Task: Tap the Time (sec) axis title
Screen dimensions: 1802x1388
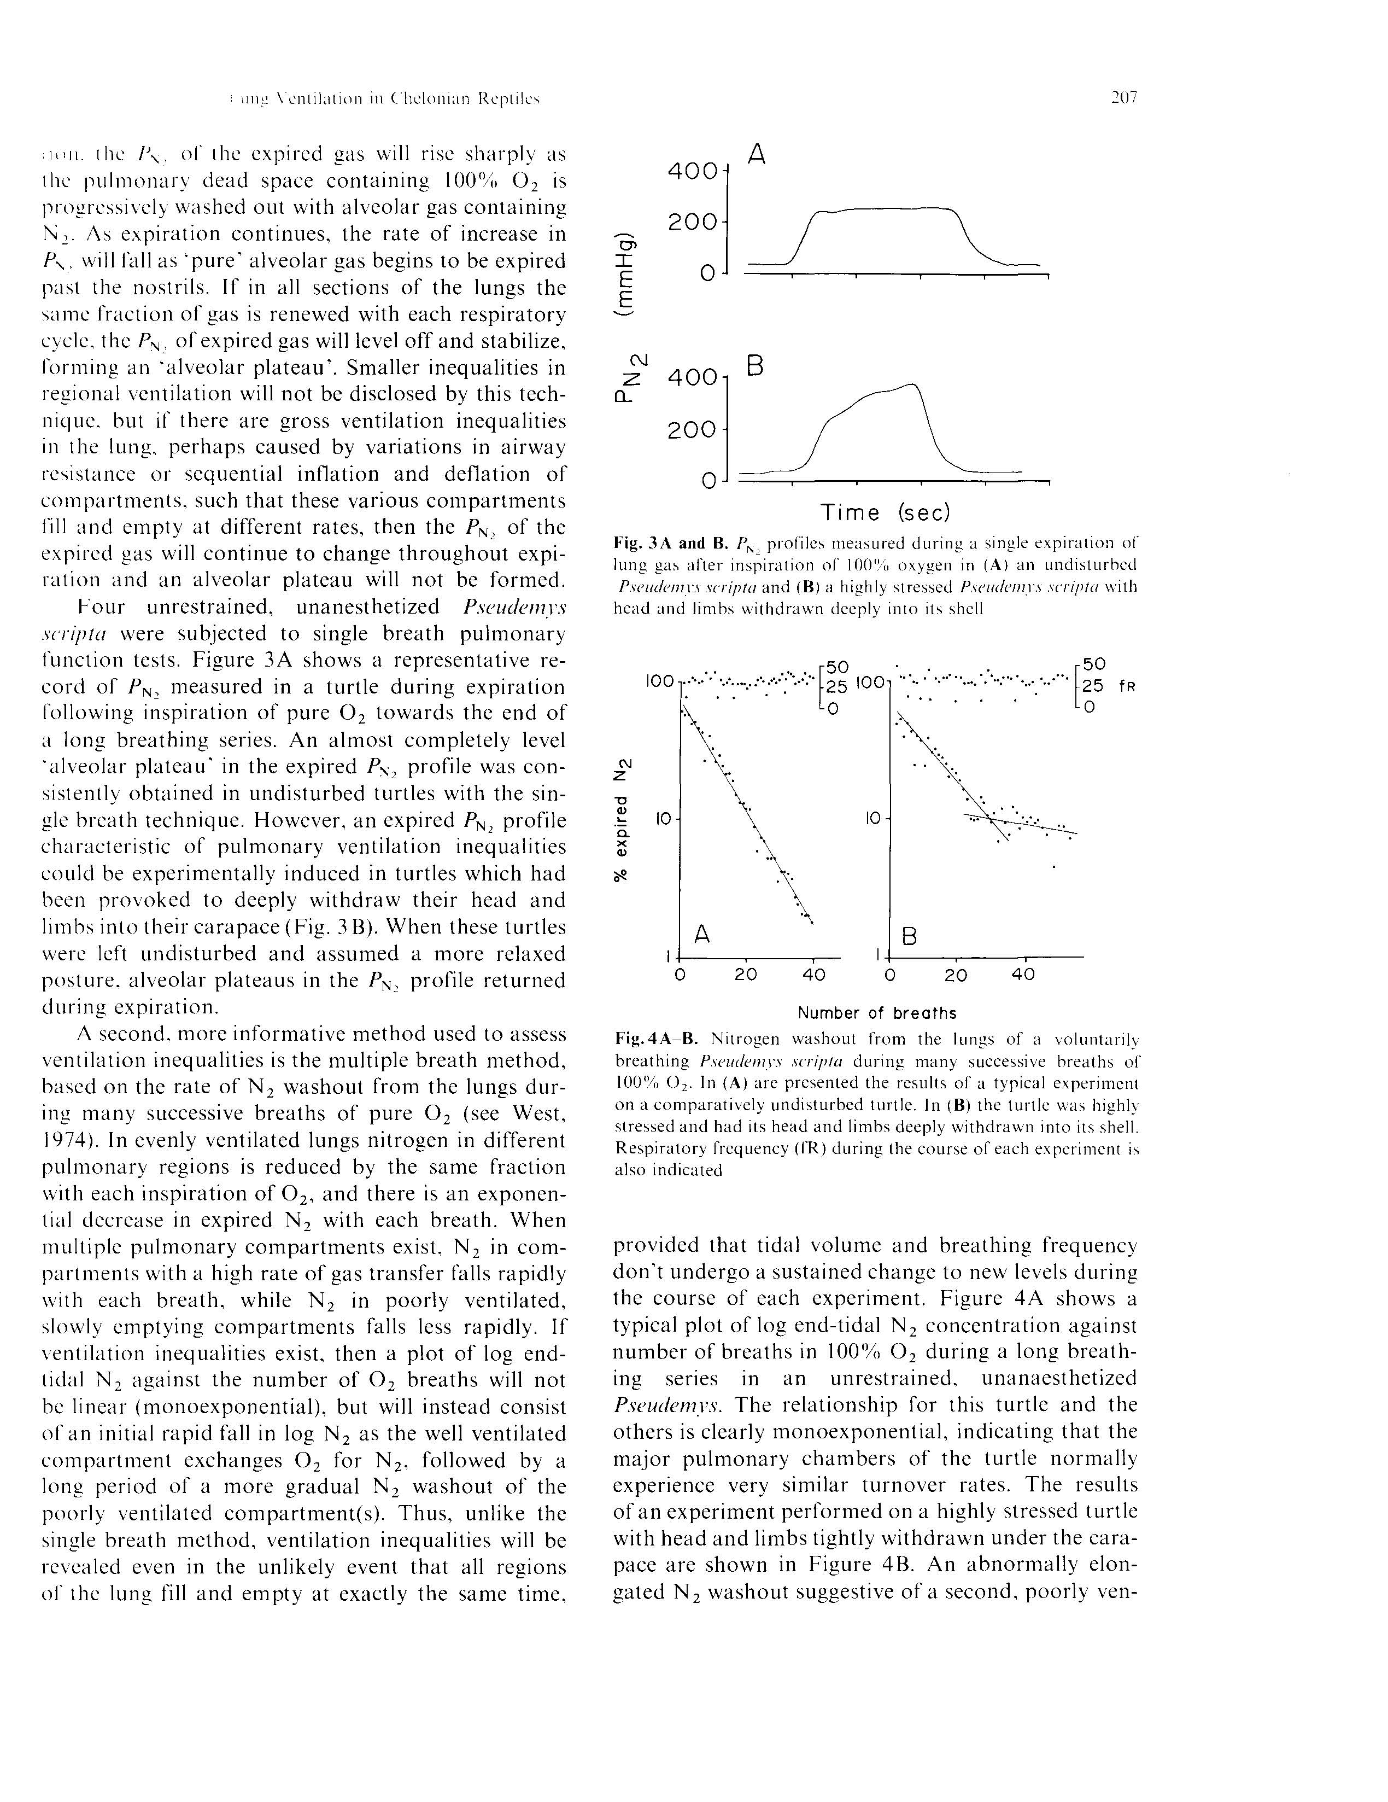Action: (x=886, y=512)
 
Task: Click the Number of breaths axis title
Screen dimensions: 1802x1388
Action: (x=877, y=1012)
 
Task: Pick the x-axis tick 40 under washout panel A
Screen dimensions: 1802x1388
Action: (x=813, y=975)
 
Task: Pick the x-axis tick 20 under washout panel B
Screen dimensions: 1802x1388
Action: (x=955, y=975)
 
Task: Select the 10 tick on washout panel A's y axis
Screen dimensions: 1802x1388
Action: (x=665, y=819)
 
